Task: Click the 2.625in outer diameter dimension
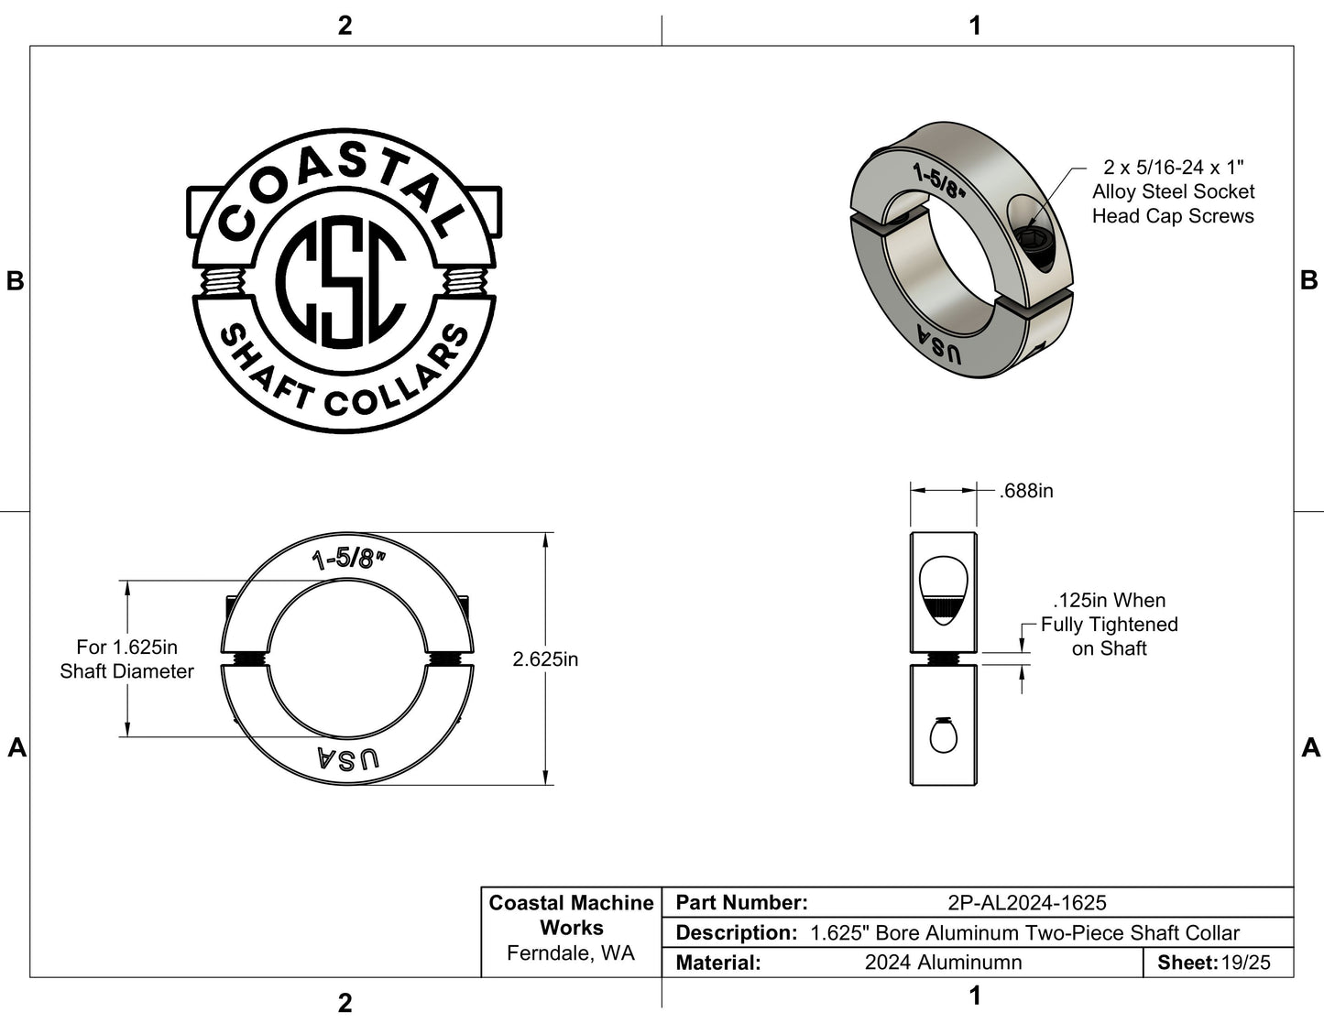click(545, 659)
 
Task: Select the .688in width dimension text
click(1026, 491)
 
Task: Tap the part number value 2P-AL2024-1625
click(1027, 903)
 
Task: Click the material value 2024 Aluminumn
click(943, 963)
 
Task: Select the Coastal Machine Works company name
click(571, 915)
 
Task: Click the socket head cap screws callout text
click(1173, 192)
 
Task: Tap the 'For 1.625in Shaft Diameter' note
click(126, 659)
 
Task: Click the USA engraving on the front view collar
click(347, 759)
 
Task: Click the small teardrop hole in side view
click(943, 735)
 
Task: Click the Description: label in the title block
click(735, 933)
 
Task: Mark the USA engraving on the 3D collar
click(939, 343)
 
